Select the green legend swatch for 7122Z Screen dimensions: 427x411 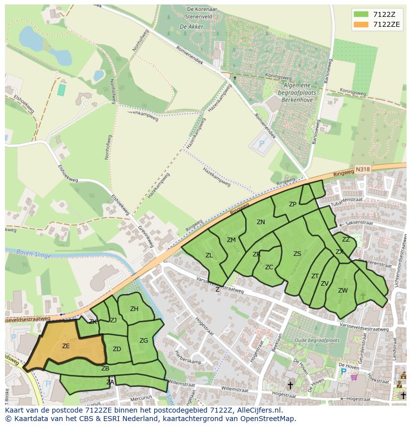point(361,14)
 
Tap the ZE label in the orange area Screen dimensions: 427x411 point(66,346)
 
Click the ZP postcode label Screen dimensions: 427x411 point(292,204)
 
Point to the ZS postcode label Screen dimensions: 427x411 point(297,254)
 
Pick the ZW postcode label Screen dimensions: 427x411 point(342,291)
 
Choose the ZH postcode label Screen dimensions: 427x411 point(134,309)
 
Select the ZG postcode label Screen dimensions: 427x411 point(143,341)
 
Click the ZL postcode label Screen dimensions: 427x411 point(209,255)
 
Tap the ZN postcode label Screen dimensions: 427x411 point(261,222)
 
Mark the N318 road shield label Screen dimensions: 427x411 point(363,169)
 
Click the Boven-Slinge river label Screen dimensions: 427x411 point(31,252)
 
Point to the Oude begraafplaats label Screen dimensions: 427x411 point(317,341)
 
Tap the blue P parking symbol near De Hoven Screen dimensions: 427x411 point(343,371)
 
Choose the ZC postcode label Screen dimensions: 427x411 point(269,267)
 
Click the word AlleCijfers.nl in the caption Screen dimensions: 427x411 point(258,410)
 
